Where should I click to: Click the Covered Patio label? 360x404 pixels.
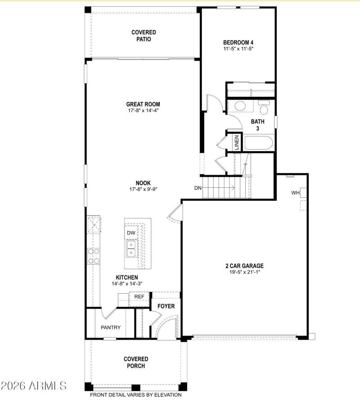(x=144, y=36)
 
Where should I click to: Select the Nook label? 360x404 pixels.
(x=144, y=183)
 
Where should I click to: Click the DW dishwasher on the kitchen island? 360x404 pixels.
(x=131, y=232)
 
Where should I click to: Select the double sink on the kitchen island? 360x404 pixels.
(x=131, y=248)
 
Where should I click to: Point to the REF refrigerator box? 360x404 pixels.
(x=139, y=297)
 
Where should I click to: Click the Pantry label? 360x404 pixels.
(x=110, y=327)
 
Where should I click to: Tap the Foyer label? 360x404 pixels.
(x=166, y=307)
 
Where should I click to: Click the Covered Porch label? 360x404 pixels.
(x=136, y=363)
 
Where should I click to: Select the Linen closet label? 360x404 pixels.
(x=237, y=142)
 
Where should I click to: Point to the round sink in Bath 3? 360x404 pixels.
(x=239, y=107)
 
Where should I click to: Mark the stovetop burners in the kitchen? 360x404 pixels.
(x=94, y=256)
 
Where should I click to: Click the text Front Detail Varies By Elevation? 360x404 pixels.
(x=136, y=395)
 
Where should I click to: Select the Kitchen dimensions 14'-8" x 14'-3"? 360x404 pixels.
(x=127, y=284)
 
